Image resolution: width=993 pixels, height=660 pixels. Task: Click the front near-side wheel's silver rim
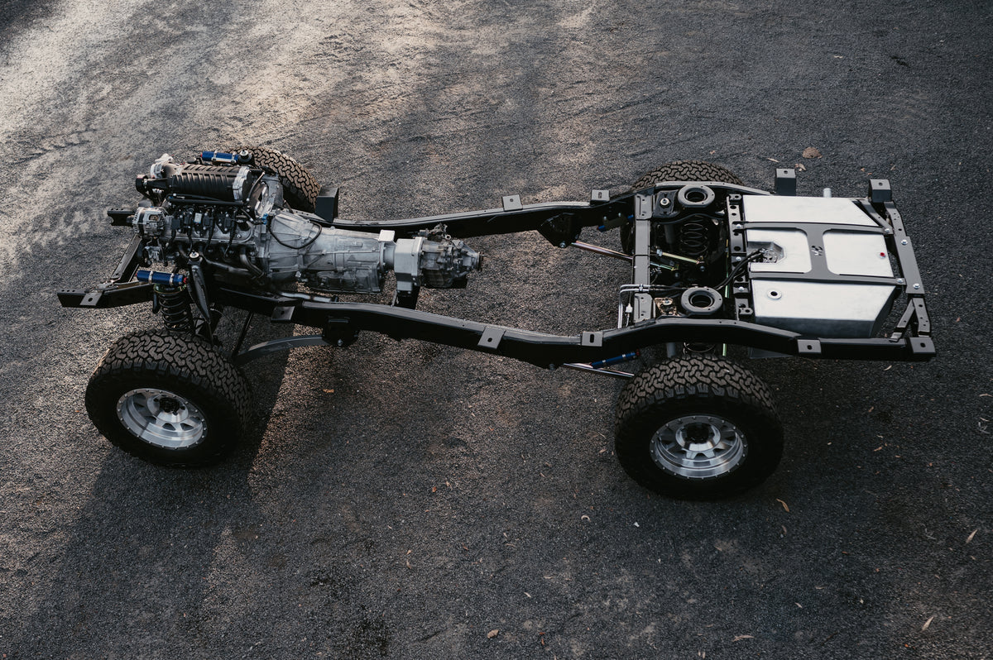point(162,418)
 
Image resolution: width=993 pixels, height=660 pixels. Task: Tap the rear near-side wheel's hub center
point(698,446)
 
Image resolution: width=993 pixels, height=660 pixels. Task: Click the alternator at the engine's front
point(149,221)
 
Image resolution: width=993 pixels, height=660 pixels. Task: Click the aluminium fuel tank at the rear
point(819,265)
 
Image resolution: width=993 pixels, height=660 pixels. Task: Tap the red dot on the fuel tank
point(770,294)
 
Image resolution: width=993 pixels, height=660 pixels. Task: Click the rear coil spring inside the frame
point(693,237)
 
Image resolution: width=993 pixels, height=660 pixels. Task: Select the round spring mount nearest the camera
point(701,301)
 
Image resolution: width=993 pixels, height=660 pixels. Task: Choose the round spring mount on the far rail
point(695,196)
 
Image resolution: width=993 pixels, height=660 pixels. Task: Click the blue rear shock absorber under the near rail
point(612,360)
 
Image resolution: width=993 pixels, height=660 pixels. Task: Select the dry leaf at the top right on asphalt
point(810,153)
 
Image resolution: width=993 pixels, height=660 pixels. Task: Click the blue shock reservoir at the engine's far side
point(220,156)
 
